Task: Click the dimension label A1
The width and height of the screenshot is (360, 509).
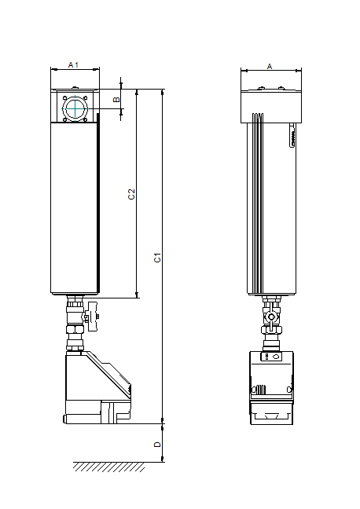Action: coord(73,64)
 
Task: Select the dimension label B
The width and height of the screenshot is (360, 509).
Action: coord(115,100)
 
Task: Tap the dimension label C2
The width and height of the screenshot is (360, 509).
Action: coord(131,194)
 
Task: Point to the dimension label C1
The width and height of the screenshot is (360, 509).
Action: coord(157,256)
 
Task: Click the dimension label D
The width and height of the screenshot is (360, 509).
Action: coord(157,444)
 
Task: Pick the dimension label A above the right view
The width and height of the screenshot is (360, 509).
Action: coord(270,67)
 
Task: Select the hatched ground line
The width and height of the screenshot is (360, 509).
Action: coord(108,467)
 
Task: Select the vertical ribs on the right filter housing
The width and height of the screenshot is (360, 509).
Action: coord(255,204)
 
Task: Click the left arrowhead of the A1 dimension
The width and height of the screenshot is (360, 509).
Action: coord(53,69)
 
